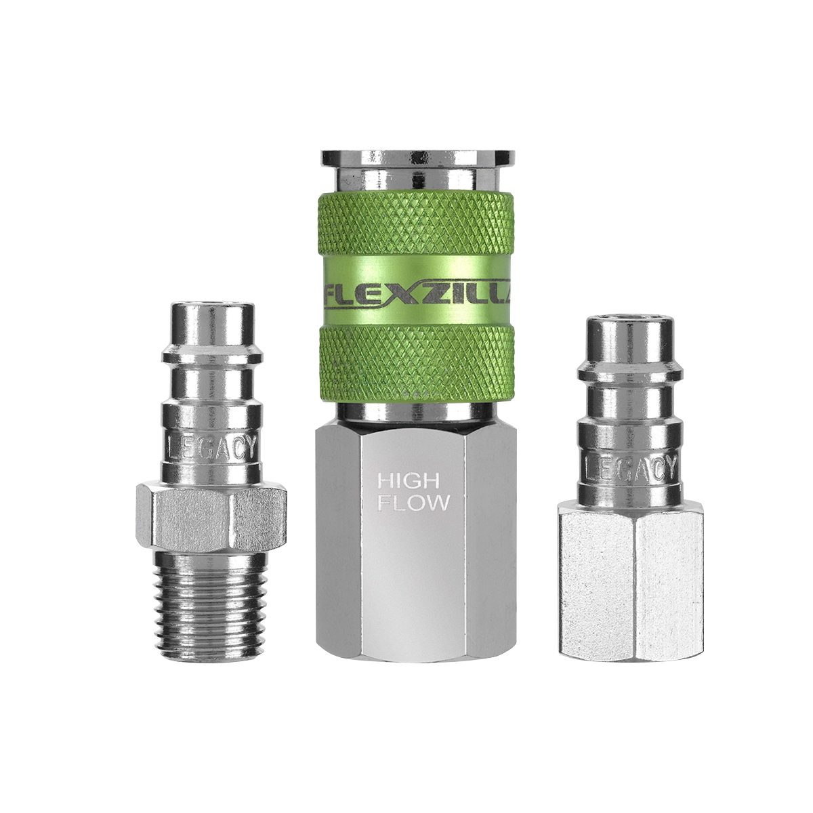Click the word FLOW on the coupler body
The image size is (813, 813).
tap(413, 503)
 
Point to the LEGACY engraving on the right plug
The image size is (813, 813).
tap(628, 468)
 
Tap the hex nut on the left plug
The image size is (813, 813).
tap(210, 516)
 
